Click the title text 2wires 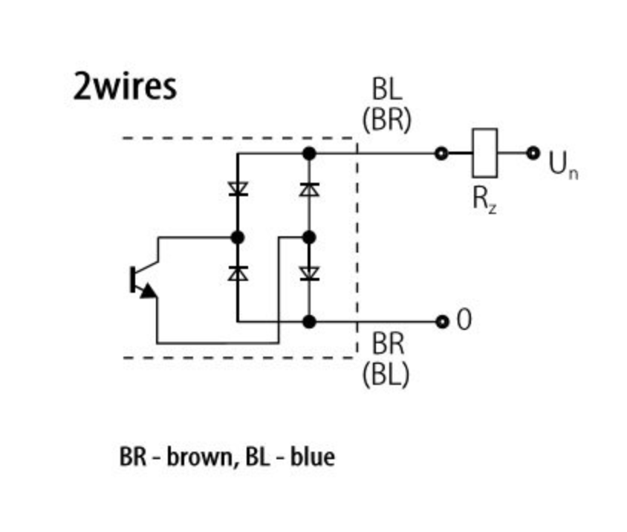125,86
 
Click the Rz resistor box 485,153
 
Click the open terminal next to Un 533,153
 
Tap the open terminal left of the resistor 441,153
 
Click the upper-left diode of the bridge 238,189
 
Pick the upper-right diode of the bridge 310,189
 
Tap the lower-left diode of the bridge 238,273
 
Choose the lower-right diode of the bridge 310,273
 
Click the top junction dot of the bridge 310,153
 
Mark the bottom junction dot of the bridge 310,322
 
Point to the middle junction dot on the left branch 238,238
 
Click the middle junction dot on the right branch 310,238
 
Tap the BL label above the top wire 386,90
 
